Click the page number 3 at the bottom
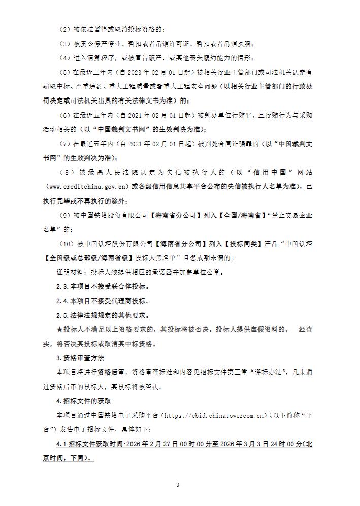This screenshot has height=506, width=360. pos(178,485)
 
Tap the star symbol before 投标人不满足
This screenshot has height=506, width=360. pos(58,329)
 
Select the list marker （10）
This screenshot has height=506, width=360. pos(67,244)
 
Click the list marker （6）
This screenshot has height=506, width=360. pos(65,116)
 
